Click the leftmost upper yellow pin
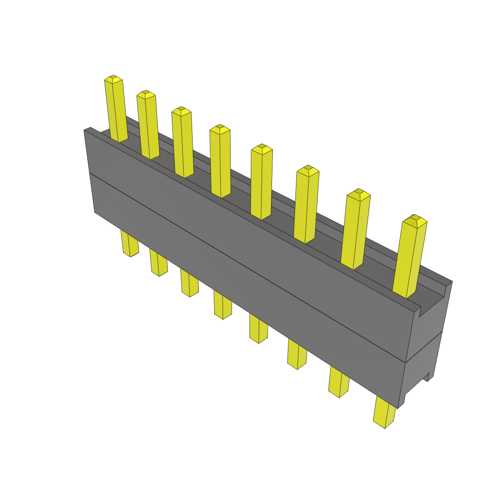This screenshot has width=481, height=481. (116, 110)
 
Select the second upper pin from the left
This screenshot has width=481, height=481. (148, 126)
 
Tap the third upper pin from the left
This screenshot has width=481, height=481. (183, 143)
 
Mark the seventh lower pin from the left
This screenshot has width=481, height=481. (339, 382)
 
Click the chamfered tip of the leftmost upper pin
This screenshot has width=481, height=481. (113, 78)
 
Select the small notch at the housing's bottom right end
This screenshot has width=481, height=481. (428, 376)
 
